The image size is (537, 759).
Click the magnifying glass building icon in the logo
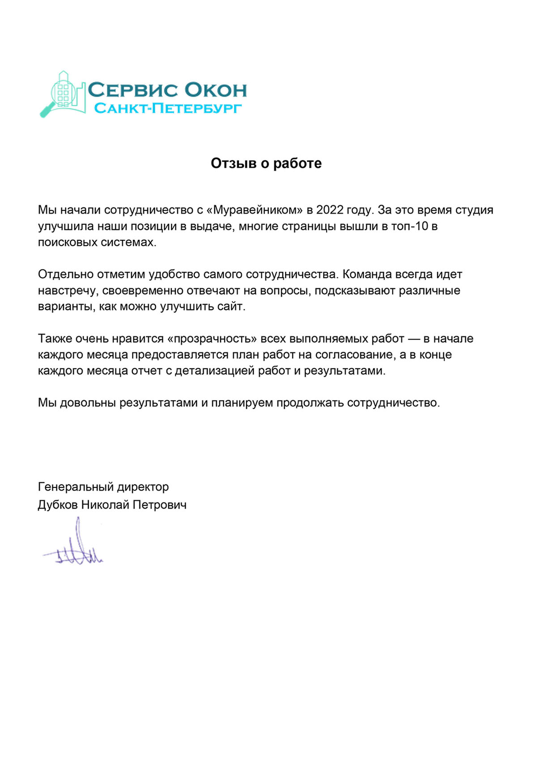coord(63,94)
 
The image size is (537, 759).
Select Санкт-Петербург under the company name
coord(168,108)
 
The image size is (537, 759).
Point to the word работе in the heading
coord(298,163)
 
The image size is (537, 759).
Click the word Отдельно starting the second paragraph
coord(66,274)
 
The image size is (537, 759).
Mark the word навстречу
coord(67,290)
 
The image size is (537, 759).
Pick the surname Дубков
coord(58,505)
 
